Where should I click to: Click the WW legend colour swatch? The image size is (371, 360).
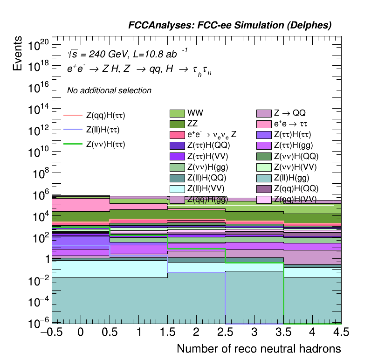pyautogui.click(x=177, y=113)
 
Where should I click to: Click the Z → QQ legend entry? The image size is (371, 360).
pyautogui.click(x=289, y=113)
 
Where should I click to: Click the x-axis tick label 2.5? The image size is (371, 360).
pyautogui.click(x=225, y=332)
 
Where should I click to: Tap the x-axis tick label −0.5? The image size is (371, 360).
pyautogui.click(x=52, y=332)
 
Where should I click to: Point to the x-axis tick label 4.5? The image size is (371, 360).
pyautogui.click(x=341, y=332)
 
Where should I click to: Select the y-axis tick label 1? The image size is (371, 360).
pyautogui.click(x=45, y=259)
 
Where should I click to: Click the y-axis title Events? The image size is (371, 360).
pyautogui.click(x=18, y=53)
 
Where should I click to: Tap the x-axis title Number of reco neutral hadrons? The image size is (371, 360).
pyautogui.click(x=259, y=349)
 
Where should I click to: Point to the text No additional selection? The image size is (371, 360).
pyautogui.click(x=109, y=90)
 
